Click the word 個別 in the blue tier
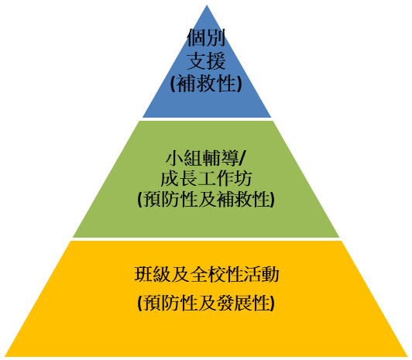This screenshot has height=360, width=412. [206, 38]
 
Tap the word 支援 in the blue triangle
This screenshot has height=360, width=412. [206, 60]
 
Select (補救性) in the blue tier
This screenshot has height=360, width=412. [206, 84]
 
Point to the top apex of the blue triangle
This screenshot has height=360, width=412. [207, 5]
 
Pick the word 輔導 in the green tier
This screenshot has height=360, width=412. [220, 158]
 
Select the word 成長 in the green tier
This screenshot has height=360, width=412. [179, 179]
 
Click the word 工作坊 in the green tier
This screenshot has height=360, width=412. [225, 179]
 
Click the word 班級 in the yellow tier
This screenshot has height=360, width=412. [153, 274]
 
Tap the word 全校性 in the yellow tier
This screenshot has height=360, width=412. [216, 274]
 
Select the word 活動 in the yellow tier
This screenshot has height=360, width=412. [261, 274]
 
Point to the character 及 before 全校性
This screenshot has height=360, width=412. [180, 274]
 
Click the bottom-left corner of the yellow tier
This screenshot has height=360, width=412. [5, 357]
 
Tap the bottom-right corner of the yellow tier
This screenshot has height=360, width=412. [409, 357]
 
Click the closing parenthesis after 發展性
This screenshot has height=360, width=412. [273, 303]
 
